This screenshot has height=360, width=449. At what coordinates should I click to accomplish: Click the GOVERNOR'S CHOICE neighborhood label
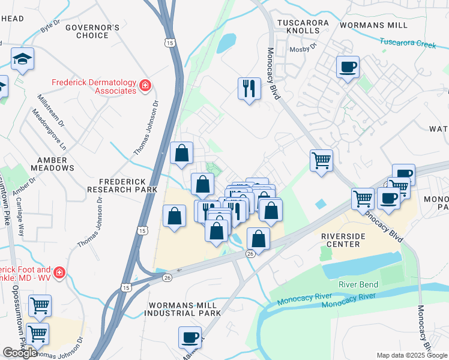[92, 32]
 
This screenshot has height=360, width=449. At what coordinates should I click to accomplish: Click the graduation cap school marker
[22, 59]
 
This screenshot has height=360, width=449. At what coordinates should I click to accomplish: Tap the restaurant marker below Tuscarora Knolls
[249, 89]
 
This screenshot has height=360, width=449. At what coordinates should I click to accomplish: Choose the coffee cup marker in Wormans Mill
[348, 67]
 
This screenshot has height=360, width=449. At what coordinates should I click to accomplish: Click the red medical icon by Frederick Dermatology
[144, 86]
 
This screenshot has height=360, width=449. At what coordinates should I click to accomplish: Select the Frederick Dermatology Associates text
[94, 86]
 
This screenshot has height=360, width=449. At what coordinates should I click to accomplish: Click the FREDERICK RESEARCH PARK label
[122, 185]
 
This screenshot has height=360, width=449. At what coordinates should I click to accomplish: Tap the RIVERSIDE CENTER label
[351, 241]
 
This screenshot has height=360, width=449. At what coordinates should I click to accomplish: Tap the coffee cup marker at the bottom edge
[191, 337]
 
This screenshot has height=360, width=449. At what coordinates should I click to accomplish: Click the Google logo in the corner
[20, 353]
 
